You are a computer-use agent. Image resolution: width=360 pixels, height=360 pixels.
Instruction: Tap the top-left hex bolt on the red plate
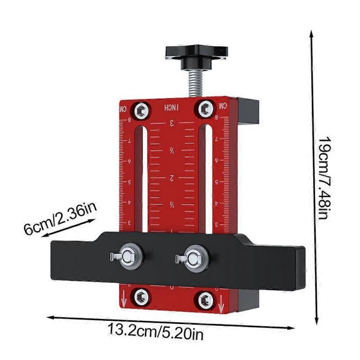click(x=143, y=109)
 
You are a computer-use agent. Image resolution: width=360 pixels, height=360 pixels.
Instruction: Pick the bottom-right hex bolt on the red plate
click(x=206, y=298)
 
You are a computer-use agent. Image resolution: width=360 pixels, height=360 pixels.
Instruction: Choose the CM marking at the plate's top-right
click(x=222, y=105)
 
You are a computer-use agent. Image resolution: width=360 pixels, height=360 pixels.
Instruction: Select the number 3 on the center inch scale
click(x=171, y=124)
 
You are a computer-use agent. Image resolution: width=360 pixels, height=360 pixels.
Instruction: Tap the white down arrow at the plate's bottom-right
click(x=220, y=307)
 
